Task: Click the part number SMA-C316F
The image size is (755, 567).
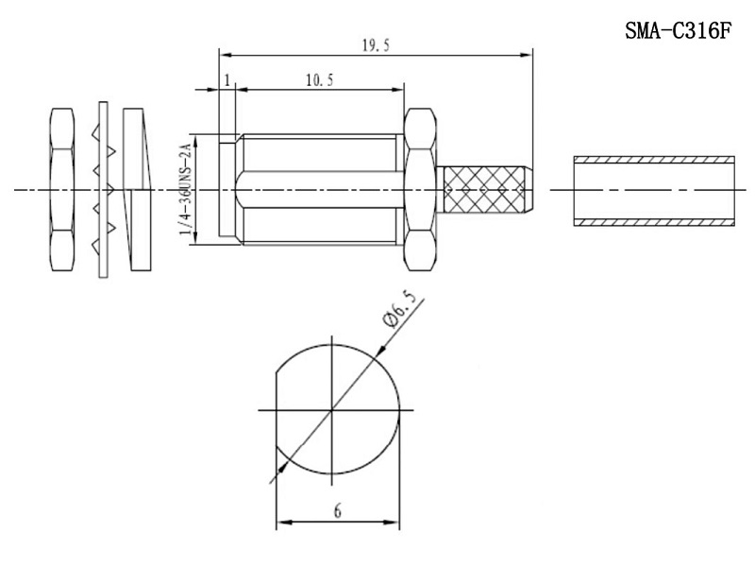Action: (678, 31)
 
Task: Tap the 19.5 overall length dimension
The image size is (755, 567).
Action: (376, 45)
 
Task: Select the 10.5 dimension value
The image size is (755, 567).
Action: (319, 80)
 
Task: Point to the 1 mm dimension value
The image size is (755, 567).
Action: (227, 80)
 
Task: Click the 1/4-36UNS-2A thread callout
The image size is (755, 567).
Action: (185, 190)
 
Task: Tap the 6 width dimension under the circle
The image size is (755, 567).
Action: (338, 510)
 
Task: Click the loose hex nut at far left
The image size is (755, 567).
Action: (62, 190)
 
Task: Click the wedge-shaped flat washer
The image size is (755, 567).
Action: (137, 190)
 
